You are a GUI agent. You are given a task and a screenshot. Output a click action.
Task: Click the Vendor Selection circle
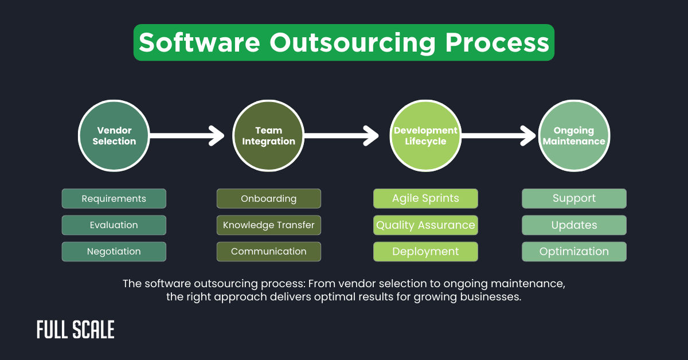coord(114,136)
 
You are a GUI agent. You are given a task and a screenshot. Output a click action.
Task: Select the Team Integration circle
coord(268,136)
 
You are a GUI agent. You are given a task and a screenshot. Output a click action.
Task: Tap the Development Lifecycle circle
coord(425,136)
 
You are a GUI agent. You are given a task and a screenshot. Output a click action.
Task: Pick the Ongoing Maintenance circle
coord(574,136)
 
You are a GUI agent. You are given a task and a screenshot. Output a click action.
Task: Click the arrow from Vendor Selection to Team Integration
coord(186,136)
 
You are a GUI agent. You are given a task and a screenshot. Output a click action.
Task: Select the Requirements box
coord(114,199)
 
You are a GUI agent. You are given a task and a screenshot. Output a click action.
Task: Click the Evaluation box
coord(114,225)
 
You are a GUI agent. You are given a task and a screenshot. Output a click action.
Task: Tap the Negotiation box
coord(114,252)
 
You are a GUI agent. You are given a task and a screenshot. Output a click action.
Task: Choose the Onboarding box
coord(268,199)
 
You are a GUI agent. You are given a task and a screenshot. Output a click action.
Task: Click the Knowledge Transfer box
coord(268,225)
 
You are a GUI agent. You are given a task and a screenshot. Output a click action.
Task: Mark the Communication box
coord(268,252)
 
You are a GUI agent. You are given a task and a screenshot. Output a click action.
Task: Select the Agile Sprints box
coord(425,199)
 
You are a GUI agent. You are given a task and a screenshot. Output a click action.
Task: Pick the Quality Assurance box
coord(425,225)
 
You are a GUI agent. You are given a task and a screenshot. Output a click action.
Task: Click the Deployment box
coord(425,252)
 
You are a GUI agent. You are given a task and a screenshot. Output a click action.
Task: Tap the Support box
coord(574,199)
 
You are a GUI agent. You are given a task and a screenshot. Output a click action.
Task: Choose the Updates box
coord(574,225)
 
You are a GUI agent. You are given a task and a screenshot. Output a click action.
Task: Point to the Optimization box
coord(574,252)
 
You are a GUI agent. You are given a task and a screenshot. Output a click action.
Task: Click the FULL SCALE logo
coord(76,330)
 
